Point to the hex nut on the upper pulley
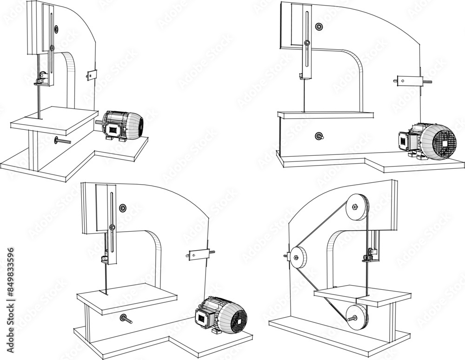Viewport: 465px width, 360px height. [x=355, y=206]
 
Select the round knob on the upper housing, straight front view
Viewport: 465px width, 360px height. [x=319, y=27]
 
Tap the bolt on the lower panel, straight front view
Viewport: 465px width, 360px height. [x=319, y=136]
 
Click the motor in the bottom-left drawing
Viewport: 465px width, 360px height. [x=222, y=314]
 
